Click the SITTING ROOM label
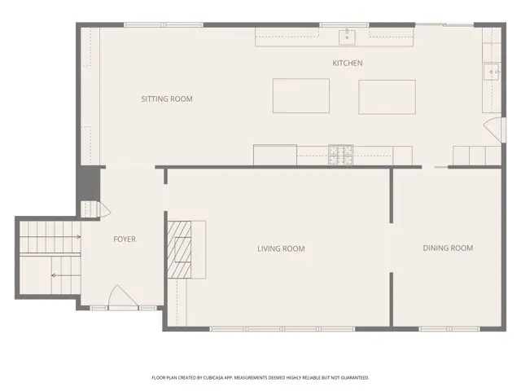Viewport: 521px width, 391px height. click(x=166, y=99)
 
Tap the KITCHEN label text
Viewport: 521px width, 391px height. click(x=347, y=63)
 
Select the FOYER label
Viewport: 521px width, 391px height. click(x=124, y=239)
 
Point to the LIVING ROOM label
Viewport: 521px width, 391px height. click(x=281, y=248)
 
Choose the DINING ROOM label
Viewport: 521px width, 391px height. click(x=447, y=248)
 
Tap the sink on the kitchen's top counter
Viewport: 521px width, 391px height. click(x=347, y=35)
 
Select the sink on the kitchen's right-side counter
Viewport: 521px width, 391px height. click(x=493, y=72)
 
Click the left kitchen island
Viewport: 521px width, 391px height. click(x=300, y=96)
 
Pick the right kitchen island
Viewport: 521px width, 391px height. click(x=387, y=96)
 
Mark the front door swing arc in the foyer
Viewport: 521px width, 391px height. click(x=118, y=297)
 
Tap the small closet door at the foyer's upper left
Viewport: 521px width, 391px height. click(x=102, y=210)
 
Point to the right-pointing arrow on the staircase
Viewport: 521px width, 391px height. click(x=77, y=237)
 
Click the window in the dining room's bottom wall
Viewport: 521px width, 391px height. click(x=443, y=328)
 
